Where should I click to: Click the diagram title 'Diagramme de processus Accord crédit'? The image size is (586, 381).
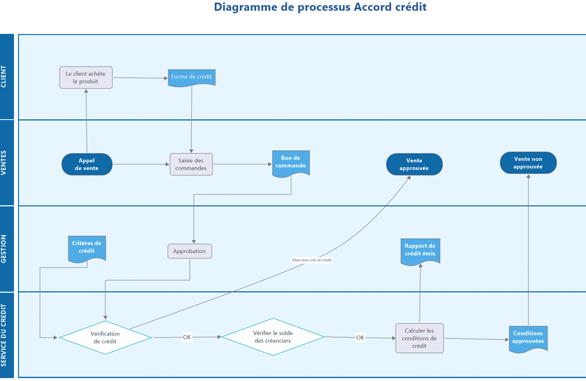[320, 7]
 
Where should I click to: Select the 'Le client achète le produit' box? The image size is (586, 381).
[86, 78]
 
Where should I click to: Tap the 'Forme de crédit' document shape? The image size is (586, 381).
[191, 77]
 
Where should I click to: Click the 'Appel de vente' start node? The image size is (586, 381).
[87, 164]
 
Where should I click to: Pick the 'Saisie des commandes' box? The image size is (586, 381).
[191, 164]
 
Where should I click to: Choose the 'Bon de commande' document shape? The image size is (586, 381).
[291, 163]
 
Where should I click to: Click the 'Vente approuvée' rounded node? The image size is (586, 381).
[414, 164]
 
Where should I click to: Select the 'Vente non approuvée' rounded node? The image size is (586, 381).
[528, 163]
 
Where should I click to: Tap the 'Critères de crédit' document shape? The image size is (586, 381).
[86, 248]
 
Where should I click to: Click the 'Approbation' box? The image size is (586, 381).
[190, 251]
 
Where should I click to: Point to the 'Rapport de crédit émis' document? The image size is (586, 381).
[420, 250]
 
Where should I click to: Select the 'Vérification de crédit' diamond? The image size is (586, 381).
[105, 338]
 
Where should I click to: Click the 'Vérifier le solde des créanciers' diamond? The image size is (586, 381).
[273, 337]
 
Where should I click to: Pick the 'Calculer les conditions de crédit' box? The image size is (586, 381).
[419, 338]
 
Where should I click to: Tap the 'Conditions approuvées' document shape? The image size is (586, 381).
[528, 338]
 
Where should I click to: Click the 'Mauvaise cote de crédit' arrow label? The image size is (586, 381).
[312, 260]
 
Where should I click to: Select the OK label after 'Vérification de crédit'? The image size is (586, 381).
[187, 337]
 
